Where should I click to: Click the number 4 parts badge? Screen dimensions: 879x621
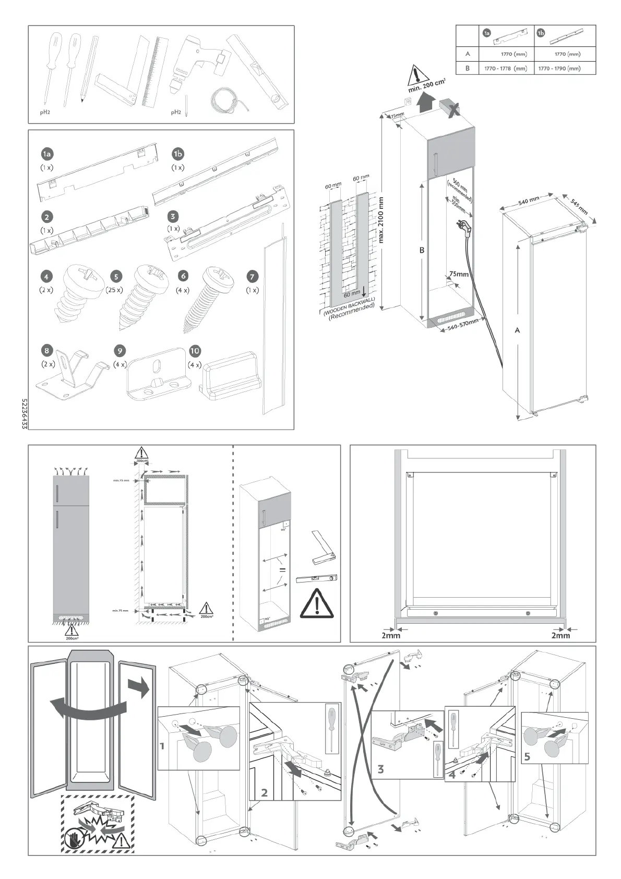[x=47, y=276]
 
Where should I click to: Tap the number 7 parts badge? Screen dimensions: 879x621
[x=252, y=276]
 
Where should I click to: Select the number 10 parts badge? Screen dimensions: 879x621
[x=195, y=351]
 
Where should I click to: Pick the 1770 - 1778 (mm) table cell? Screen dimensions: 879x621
[x=505, y=68]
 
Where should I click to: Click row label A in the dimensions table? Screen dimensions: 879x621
[x=468, y=54]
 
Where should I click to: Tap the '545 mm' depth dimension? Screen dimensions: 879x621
[x=579, y=207]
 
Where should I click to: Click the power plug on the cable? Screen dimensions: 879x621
[x=464, y=225]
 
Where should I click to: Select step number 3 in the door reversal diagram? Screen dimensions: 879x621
[x=380, y=769]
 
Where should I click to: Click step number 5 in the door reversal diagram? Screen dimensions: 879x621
[x=527, y=756]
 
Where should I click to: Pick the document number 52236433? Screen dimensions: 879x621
[x=24, y=414]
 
